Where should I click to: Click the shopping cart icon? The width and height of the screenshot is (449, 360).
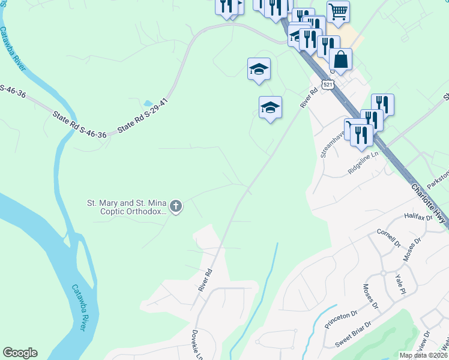click(338, 11)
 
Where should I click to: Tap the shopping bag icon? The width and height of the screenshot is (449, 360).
click(340, 60)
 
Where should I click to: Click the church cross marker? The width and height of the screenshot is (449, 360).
click(176, 208)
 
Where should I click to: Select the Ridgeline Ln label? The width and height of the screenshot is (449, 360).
click(364, 163)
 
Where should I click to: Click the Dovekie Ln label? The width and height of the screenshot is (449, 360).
click(197, 344)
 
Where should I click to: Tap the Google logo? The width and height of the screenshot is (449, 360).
click(20, 353)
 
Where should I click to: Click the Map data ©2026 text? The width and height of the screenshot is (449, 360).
click(423, 355)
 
